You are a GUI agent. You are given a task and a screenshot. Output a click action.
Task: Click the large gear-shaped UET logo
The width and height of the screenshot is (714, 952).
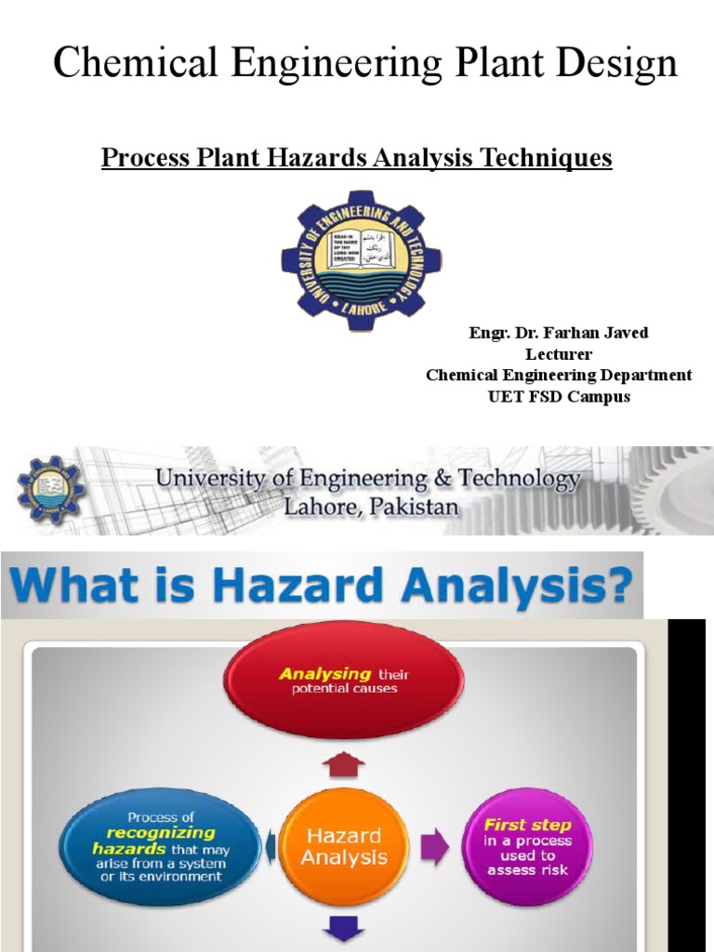(x=361, y=260)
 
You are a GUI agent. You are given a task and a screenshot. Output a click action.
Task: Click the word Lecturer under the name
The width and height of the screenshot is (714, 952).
(x=559, y=354)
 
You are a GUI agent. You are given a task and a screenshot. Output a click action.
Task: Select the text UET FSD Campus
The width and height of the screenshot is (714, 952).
(x=559, y=396)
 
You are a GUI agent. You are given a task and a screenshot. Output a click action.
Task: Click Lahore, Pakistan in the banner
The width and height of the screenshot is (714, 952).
(x=371, y=508)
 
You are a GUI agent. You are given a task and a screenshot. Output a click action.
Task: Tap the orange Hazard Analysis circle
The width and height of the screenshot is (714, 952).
(x=344, y=846)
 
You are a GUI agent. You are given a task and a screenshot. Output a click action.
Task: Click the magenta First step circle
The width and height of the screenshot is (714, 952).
(x=526, y=846)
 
